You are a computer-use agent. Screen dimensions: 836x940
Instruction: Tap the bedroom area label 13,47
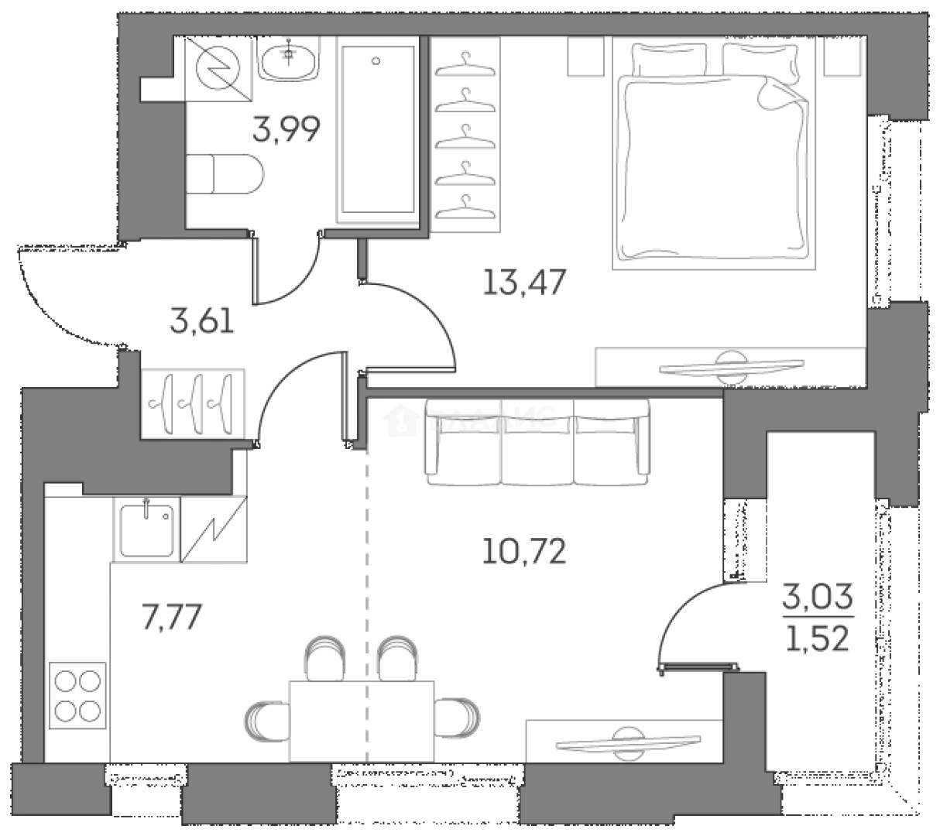(x=524, y=282)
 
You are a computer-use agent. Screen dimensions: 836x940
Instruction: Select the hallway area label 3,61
(x=202, y=318)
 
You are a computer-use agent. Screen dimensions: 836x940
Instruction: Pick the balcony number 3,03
(x=817, y=598)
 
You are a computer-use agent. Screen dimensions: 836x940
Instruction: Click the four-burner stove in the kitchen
(x=77, y=693)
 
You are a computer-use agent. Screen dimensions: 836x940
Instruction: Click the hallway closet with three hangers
(x=193, y=403)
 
